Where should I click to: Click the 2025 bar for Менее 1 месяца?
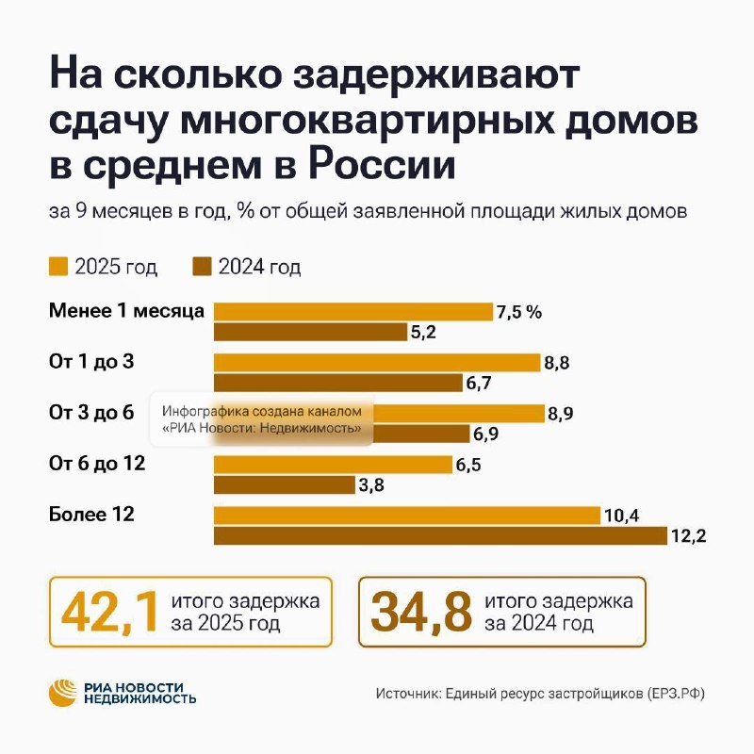(x=353, y=312)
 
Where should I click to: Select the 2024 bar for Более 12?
(x=442, y=535)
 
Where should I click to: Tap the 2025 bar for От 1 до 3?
(x=377, y=363)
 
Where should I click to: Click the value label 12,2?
(x=689, y=536)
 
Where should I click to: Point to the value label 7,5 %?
(x=520, y=312)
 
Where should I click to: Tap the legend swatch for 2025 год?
(x=57, y=267)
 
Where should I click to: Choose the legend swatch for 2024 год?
(x=202, y=267)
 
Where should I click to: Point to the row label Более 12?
(x=90, y=514)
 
